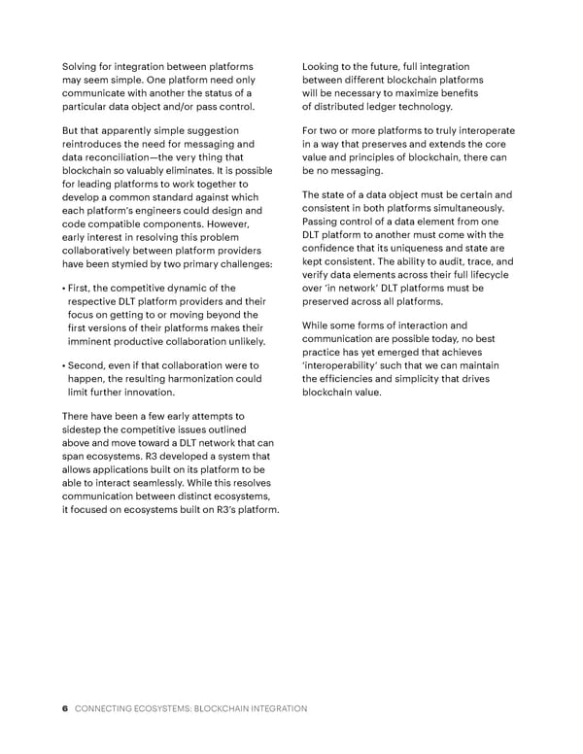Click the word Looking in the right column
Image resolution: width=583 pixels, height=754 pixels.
326,66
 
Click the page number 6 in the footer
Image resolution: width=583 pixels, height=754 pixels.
64,709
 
